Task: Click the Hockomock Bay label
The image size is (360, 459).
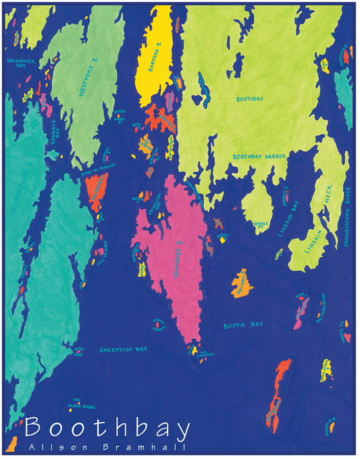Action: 20,63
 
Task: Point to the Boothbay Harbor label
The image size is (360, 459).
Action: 260,156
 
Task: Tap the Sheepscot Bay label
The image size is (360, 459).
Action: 123,350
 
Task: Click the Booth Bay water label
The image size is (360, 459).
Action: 242,326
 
